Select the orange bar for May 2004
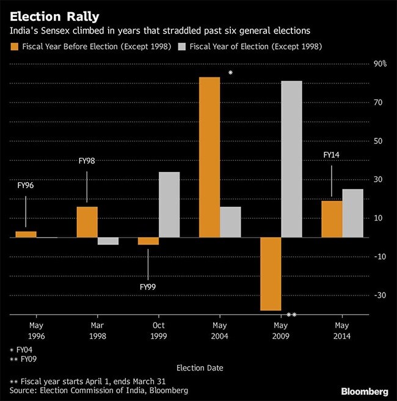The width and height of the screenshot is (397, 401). [x=210, y=157]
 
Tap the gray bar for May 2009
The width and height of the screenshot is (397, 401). [x=291, y=159]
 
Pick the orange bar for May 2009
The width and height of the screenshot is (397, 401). [x=271, y=274]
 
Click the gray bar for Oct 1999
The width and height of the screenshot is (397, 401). [x=169, y=205]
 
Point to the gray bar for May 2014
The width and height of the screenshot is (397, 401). [x=352, y=213]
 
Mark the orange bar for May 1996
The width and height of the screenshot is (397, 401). [x=26, y=234]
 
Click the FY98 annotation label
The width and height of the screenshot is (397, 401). [x=87, y=161]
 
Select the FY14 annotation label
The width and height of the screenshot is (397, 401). [x=332, y=155]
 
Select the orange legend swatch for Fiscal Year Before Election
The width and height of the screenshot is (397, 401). [x=15, y=46]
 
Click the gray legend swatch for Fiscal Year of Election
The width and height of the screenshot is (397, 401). [x=182, y=46]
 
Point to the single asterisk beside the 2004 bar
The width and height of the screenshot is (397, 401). [x=230, y=73]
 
